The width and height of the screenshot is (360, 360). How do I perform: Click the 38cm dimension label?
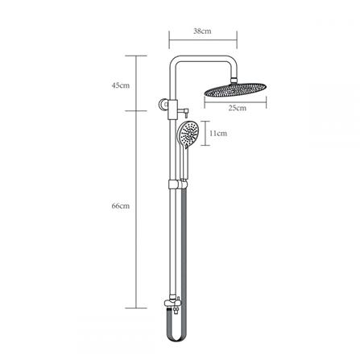[x=202, y=31]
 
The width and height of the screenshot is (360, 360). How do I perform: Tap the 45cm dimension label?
[x=121, y=84]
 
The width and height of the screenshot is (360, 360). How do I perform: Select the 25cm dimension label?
[x=236, y=106]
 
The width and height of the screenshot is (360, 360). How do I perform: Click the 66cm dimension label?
[x=121, y=207]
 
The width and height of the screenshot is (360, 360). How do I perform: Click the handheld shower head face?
[x=188, y=134]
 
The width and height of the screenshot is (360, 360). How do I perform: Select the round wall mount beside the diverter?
[x=160, y=103]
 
